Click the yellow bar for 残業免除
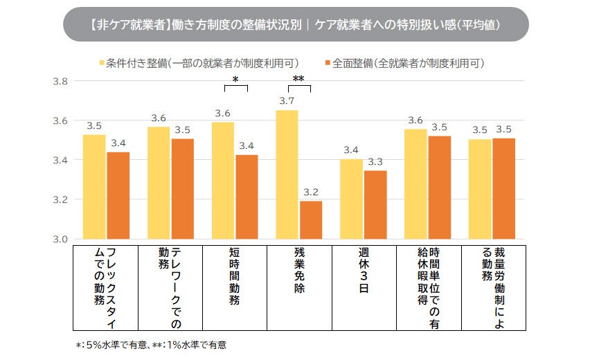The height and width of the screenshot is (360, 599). [287, 174]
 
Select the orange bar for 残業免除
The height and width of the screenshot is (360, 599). [311, 220]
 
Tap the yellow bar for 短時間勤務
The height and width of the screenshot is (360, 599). [223, 181]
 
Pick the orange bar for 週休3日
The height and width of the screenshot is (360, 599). [375, 204]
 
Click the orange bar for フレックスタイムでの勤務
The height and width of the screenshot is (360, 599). [118, 195]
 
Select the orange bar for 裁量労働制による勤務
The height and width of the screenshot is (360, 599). [503, 188]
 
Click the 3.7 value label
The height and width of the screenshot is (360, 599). [287, 101]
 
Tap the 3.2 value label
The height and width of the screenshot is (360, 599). [311, 192]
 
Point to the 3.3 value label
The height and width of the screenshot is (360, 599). [375, 161]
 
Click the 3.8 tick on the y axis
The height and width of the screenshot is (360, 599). [60, 81]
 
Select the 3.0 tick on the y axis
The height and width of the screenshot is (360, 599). [60, 239]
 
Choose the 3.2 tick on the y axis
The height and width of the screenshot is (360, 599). [60, 199]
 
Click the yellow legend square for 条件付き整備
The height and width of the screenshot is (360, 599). [102, 63]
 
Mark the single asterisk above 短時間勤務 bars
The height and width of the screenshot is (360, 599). [235, 80]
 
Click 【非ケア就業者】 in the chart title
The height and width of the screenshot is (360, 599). [129, 24]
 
